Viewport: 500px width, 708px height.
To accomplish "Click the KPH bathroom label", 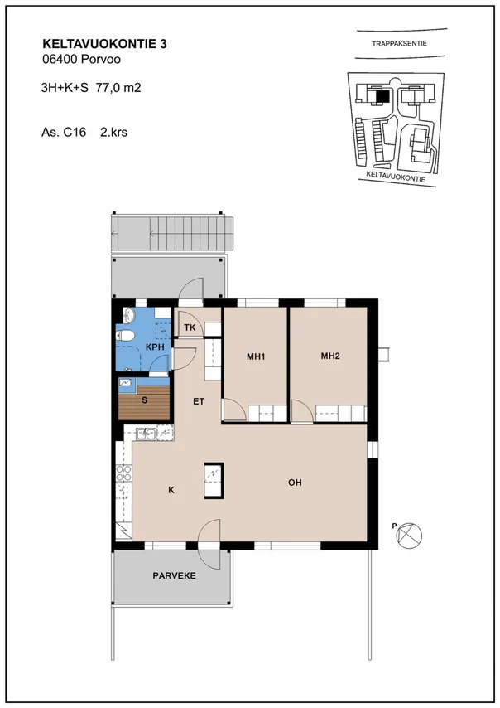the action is tap(155, 347).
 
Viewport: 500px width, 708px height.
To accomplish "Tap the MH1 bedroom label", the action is tap(256, 356).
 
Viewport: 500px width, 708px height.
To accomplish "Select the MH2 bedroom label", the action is tap(330, 356).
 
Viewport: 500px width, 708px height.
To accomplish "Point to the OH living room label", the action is tap(295, 483).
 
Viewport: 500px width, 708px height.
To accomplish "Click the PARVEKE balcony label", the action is tap(174, 575).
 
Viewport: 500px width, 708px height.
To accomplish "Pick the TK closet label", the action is tap(190, 327).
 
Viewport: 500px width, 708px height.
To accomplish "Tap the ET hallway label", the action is tap(199, 401).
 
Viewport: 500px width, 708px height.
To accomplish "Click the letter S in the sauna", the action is tap(144, 400).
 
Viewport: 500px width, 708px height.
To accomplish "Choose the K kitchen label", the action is tap(171, 490).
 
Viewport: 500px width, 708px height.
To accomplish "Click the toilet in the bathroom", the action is tap(125, 335).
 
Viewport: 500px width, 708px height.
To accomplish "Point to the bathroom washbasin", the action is tap(129, 315).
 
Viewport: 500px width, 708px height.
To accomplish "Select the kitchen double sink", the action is tap(147, 434).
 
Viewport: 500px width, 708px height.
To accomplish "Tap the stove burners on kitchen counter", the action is tap(123, 474).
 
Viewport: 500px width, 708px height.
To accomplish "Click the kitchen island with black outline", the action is tap(214, 481).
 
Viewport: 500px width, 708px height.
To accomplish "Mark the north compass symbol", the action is tap(408, 536).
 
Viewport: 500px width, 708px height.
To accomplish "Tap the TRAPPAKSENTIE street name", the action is tap(400, 44).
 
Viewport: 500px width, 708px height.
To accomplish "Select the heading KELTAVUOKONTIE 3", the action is tap(104, 44).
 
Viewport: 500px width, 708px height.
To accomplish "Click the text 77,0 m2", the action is tap(118, 88).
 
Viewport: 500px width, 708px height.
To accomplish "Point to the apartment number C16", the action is tap(75, 133).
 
